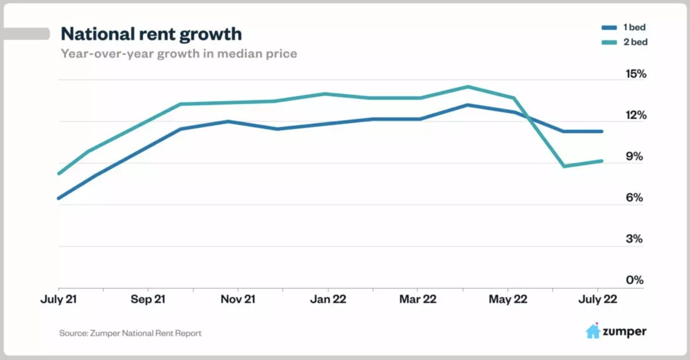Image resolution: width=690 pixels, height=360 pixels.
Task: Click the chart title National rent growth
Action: pos(151,34)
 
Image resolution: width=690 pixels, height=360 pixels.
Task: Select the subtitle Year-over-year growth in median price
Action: pos(179,54)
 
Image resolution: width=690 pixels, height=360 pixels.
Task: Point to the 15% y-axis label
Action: pos(636,74)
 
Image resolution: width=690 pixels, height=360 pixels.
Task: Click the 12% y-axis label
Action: pos(636,115)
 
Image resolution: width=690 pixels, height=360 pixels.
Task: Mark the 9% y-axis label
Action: pos(634,157)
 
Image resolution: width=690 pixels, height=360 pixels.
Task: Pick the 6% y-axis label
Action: pos(634,198)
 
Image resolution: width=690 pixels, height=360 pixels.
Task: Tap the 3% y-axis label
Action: pos(634,239)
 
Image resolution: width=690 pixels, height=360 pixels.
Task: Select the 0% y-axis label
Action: pos(634,280)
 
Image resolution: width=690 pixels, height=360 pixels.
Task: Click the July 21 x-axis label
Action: pos(59,299)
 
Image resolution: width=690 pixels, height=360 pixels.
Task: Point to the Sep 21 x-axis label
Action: pos(148,299)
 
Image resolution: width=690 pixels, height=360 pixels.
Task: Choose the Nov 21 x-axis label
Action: pos(238,299)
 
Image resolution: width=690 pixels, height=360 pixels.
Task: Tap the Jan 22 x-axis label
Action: pos(328,299)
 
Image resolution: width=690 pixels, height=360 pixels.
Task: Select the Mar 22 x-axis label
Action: pos(418,299)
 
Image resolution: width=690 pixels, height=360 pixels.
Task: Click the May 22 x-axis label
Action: pos(508,299)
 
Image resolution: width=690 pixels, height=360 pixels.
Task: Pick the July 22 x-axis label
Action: pos(598,299)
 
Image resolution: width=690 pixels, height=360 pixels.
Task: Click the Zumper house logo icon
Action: pos(593,331)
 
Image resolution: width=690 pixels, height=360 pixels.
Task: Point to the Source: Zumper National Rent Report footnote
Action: pos(130,333)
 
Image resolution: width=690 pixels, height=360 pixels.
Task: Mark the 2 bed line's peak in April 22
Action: pos(468,87)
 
